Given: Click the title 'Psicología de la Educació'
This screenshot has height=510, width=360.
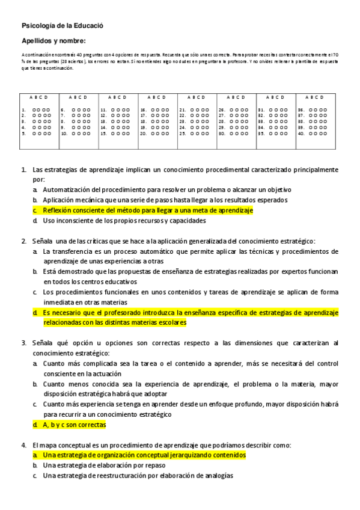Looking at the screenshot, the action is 54,26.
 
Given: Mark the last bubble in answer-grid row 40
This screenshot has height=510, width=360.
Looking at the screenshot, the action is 324,134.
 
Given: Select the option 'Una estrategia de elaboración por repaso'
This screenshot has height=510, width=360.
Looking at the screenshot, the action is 108,465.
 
